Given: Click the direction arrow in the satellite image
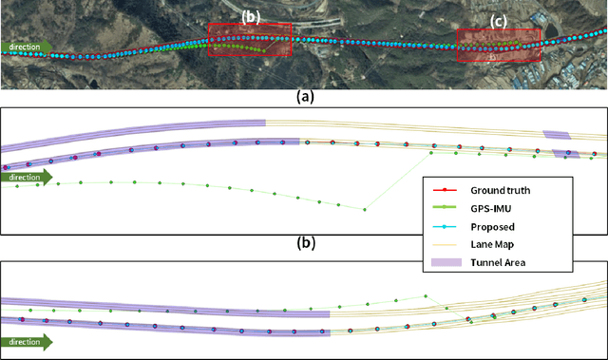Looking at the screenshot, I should [26, 46].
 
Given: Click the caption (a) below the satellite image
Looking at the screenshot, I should [304, 96].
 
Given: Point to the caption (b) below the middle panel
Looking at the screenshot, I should [304, 242].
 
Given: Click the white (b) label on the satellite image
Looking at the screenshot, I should [250, 15].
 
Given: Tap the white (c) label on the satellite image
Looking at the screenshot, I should [498, 20].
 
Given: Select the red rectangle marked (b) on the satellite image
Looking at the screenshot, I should [250, 40].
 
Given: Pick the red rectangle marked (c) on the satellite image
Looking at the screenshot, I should [499, 46].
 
